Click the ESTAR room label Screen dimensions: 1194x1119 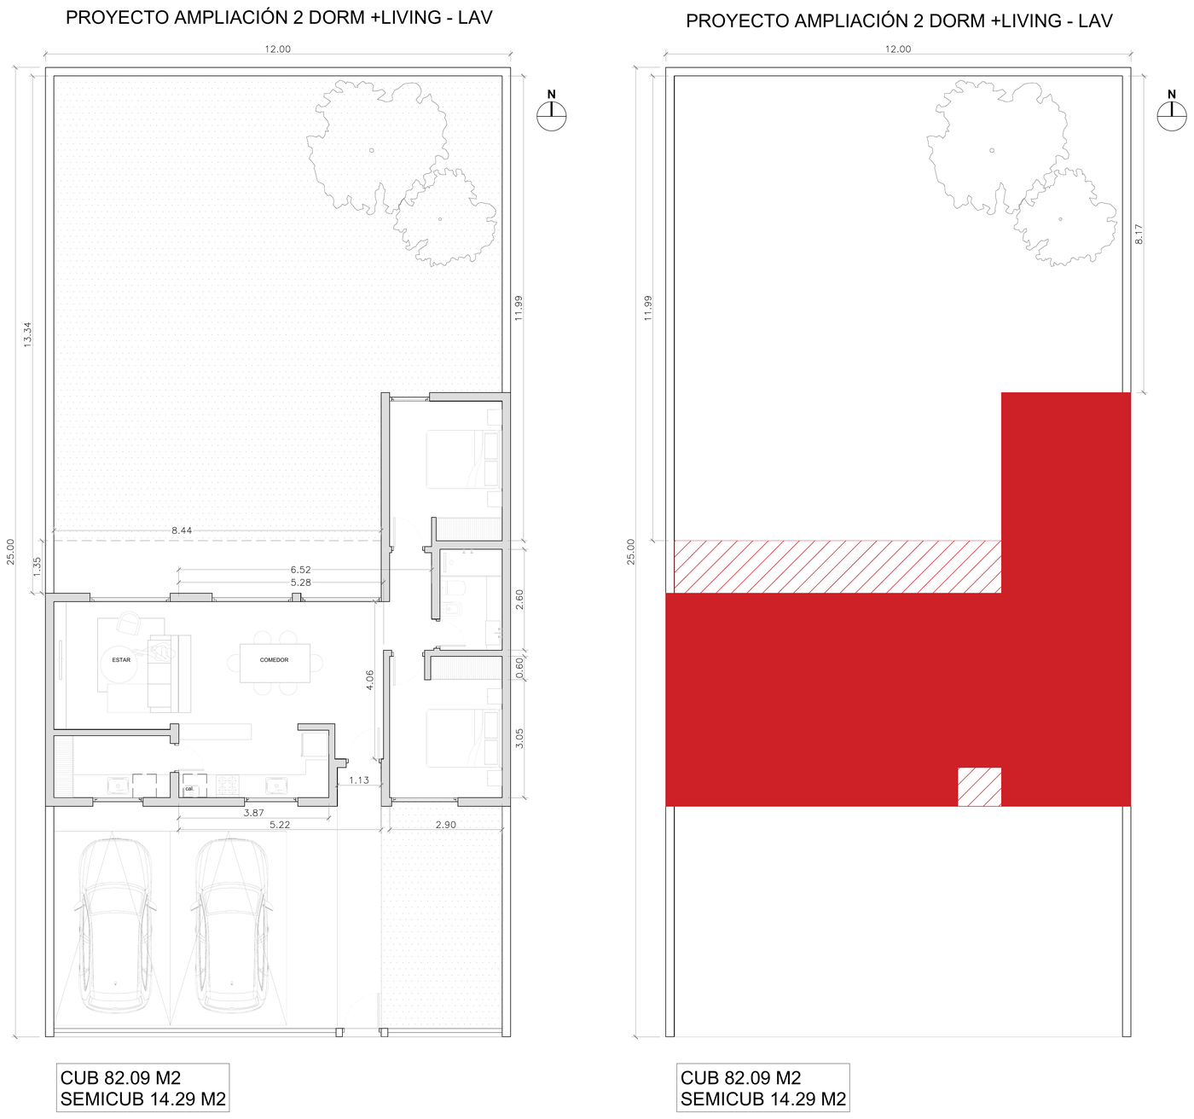coord(121,659)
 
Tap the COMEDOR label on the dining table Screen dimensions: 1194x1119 coord(274,659)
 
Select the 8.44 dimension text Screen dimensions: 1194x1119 coord(182,531)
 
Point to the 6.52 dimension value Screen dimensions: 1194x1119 coord(300,570)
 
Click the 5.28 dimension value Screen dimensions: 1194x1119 coord(300,583)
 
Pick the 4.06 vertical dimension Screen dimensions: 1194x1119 coord(370,680)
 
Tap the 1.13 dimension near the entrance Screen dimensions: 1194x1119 coord(359,780)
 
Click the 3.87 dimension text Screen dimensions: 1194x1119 coord(253,812)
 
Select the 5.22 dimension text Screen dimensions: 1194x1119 coord(280,825)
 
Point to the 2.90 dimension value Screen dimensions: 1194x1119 coord(445,825)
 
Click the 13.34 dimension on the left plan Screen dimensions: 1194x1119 coord(27,335)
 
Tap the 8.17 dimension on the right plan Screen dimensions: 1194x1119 coord(1138,234)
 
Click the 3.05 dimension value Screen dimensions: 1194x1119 coord(519,739)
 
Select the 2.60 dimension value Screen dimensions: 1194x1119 coord(519,600)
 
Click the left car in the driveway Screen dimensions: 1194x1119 coord(115,926)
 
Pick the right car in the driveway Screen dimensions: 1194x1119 coord(232,926)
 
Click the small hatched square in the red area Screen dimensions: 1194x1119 coord(979,786)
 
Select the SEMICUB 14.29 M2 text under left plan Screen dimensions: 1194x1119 coord(143,1099)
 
